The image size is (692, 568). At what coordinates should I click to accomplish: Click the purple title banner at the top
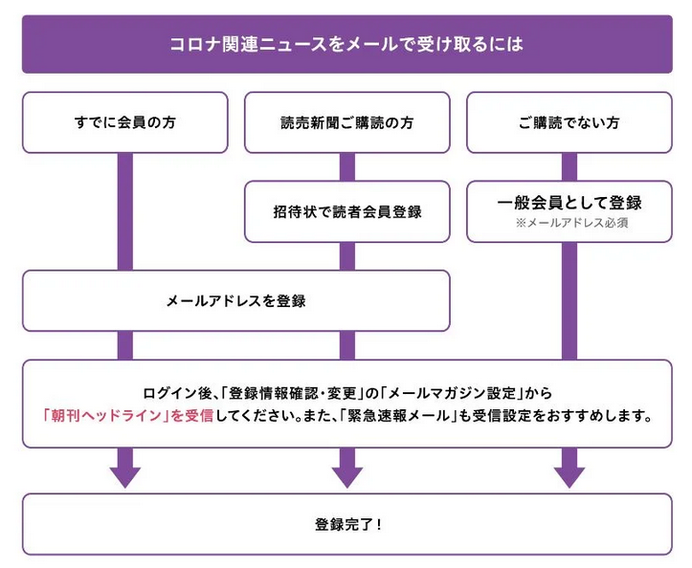pyautogui.click(x=346, y=44)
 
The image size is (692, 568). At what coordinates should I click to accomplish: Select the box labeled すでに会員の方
pyautogui.click(x=124, y=122)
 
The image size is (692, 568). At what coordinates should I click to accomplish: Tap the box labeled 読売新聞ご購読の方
pyautogui.click(x=346, y=122)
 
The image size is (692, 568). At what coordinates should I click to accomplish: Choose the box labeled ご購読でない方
pyautogui.click(x=569, y=122)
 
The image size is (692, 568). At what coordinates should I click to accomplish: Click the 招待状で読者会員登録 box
pyautogui.click(x=346, y=211)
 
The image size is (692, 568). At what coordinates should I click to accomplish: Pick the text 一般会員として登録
pyautogui.click(x=569, y=203)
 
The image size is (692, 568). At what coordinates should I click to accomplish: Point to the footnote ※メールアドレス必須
pyautogui.click(x=572, y=223)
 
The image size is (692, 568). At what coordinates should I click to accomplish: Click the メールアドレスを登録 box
pyautogui.click(x=236, y=301)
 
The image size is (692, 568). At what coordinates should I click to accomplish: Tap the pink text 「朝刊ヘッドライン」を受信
pyautogui.click(x=128, y=415)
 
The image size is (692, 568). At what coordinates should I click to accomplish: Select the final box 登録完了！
pyautogui.click(x=346, y=524)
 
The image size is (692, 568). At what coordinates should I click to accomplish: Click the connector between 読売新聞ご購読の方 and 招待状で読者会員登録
pyautogui.click(x=347, y=167)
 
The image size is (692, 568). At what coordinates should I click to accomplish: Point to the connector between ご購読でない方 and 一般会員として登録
pyautogui.click(x=569, y=167)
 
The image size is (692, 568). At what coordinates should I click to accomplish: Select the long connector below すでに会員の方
pyautogui.click(x=124, y=211)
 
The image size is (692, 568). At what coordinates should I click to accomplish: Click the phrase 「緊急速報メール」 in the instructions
pyautogui.click(x=399, y=415)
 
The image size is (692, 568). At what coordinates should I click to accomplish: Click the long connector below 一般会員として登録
pyautogui.click(x=569, y=301)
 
